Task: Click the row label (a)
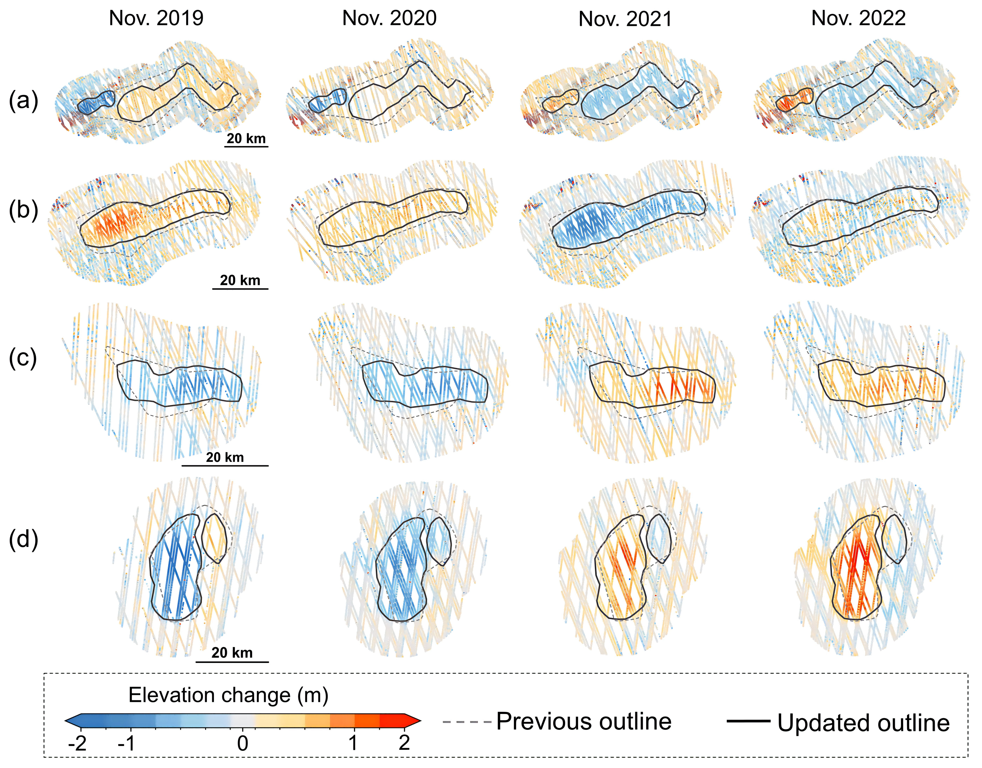point(23,101)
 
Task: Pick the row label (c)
point(23,358)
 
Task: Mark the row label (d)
point(23,539)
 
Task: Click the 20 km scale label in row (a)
point(246,138)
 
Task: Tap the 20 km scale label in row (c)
point(225,457)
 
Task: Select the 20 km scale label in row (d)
point(232,652)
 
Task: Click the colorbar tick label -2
point(77,744)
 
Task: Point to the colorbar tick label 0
point(243,744)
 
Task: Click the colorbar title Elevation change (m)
point(229,695)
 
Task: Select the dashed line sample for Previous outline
point(467,722)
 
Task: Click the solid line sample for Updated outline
point(749,721)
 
